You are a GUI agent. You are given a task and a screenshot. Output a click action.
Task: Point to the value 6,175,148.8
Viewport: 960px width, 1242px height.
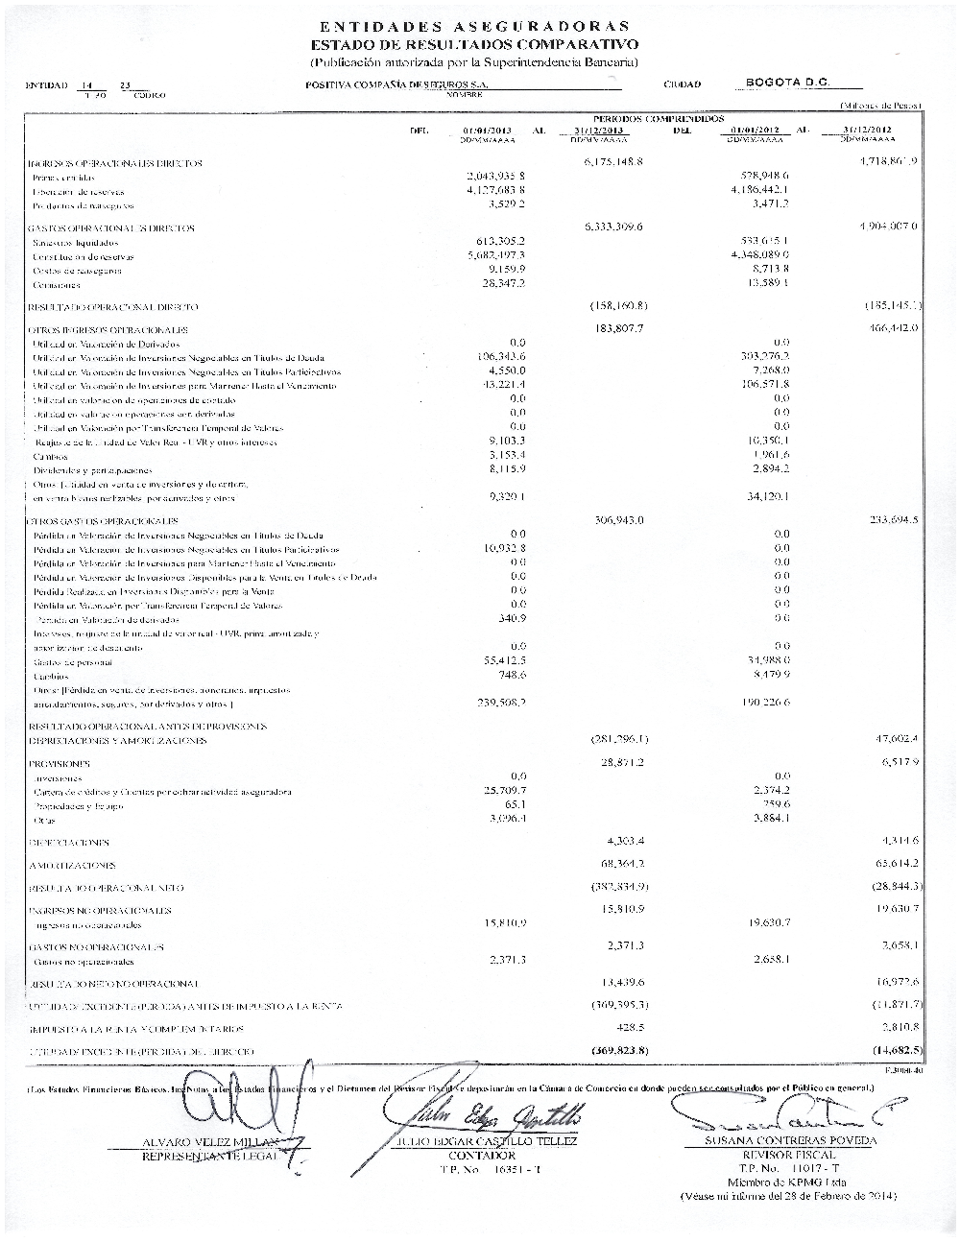pos(612,162)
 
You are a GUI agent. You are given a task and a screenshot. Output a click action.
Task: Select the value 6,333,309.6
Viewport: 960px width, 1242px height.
pos(612,227)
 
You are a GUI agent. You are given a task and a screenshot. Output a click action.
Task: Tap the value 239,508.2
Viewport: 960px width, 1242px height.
pos(494,703)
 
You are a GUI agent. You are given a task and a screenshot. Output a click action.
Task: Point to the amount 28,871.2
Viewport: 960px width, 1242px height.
pos(620,761)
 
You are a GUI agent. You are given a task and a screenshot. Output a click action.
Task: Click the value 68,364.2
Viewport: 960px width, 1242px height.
pos(620,864)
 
